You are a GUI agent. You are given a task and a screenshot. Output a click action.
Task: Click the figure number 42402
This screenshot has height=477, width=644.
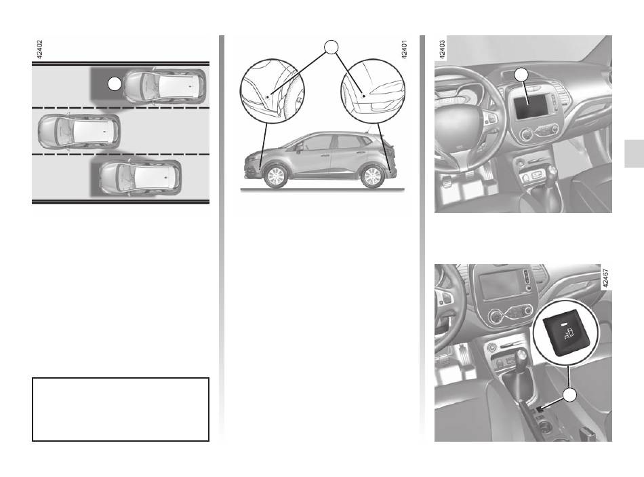click(39, 50)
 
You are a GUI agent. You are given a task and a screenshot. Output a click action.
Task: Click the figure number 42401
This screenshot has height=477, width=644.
click(404, 50)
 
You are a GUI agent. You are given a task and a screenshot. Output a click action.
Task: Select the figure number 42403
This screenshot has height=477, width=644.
click(442, 50)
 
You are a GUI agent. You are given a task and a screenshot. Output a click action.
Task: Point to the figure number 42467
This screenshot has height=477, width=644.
click(605, 278)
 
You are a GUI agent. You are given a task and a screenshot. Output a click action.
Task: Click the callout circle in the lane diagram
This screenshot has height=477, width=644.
click(115, 84)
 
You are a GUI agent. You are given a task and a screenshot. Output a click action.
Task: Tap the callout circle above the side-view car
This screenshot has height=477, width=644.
click(331, 47)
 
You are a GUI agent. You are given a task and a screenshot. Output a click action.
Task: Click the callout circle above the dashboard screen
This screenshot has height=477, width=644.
click(521, 75)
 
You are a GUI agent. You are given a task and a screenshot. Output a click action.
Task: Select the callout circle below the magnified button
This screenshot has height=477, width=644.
click(569, 395)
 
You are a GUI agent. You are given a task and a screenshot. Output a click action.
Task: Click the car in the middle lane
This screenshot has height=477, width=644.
click(79, 131)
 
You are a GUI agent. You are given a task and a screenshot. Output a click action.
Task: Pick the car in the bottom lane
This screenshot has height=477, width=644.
click(140, 177)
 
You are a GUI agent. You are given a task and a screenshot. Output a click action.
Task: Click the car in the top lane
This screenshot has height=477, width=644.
click(165, 86)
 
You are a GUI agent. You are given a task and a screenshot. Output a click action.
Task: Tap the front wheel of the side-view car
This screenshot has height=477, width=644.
click(275, 176)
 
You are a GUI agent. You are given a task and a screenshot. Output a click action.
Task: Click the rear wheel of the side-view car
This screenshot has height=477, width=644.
click(372, 176)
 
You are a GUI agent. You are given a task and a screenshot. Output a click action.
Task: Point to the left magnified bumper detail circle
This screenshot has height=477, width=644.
click(272, 92)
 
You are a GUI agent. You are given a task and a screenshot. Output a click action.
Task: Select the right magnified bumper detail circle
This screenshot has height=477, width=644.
click(373, 92)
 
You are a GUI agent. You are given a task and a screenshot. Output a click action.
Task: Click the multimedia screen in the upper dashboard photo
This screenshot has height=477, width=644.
click(531, 105)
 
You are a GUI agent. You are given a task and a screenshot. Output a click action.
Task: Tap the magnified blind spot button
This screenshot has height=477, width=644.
click(565, 335)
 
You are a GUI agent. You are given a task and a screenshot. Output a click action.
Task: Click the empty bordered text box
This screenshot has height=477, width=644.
click(121, 409)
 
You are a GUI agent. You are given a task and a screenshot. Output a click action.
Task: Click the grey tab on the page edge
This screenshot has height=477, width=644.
click(634, 153)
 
